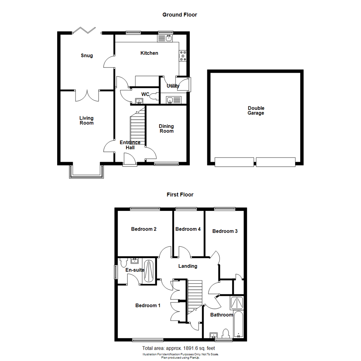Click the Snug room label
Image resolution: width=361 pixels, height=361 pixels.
[x=87, y=55]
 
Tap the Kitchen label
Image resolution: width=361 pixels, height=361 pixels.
[x=149, y=53]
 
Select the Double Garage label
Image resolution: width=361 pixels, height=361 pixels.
[x=256, y=111]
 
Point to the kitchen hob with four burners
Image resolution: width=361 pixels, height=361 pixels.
[x=183, y=56]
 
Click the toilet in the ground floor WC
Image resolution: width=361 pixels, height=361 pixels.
[x=155, y=96]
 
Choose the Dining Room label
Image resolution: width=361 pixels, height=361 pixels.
[x=166, y=129]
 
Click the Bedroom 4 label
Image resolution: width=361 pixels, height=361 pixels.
[x=188, y=229]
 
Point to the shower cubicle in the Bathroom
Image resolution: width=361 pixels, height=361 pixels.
[x=237, y=303]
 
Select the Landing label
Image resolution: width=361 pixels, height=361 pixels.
[x=188, y=266]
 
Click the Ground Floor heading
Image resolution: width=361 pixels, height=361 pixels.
[x=179, y=15]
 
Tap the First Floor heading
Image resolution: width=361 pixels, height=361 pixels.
[x=180, y=195]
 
